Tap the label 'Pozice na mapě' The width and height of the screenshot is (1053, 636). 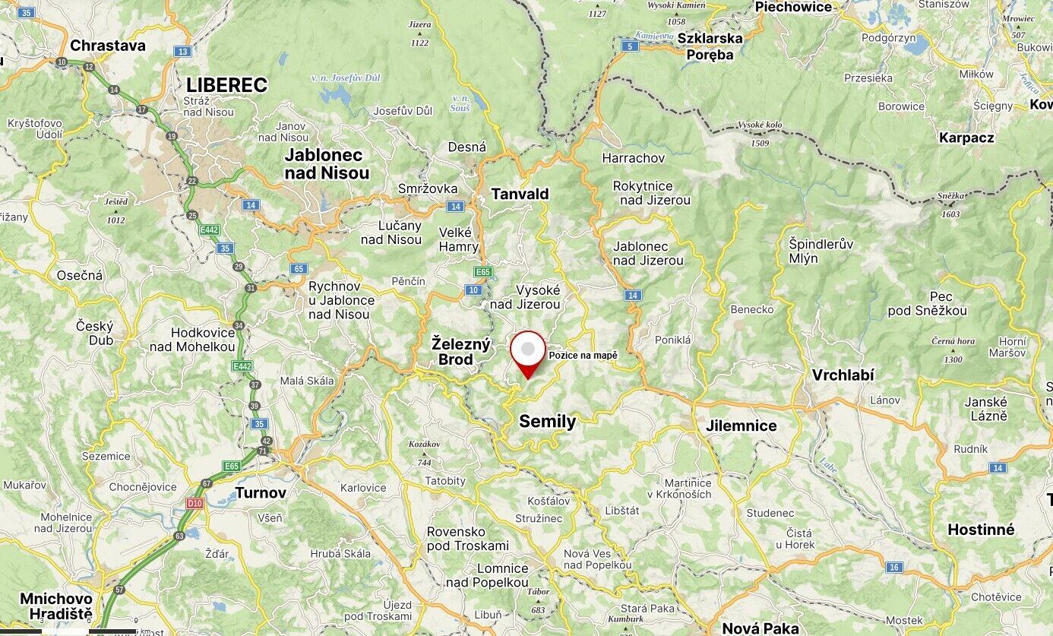click(583, 356)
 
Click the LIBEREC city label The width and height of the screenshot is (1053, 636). click(226, 85)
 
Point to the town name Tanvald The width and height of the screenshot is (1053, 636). click(520, 194)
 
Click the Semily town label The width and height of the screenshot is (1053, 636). click(547, 421)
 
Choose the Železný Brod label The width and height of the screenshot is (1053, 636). click(461, 351)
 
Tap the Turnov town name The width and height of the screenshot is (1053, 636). click(261, 492)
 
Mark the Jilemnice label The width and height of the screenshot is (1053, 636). click(741, 426)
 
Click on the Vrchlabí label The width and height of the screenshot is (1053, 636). click(843, 375)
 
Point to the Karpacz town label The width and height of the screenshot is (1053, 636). click(966, 138)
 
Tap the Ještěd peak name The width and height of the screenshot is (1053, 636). click(115, 201)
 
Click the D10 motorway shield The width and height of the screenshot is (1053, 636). click(194, 503)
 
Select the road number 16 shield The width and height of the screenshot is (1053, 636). click(893, 567)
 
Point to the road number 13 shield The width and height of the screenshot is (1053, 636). click(182, 52)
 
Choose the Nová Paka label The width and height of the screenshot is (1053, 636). click(760, 628)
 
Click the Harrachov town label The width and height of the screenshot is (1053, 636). click(633, 158)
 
